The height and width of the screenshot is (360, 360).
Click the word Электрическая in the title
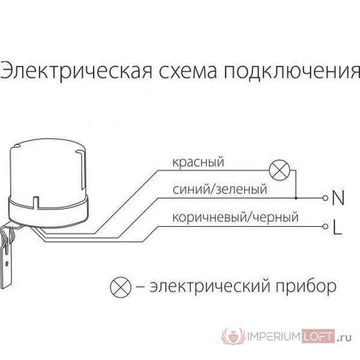(76, 71)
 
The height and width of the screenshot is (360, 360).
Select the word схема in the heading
(188, 71)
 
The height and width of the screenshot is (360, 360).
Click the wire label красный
(198, 162)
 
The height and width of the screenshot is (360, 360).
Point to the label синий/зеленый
(220, 190)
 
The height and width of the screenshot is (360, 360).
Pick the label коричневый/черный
(235, 217)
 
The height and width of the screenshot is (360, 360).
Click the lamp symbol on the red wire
(280, 170)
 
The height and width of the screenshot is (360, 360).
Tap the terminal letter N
(338, 198)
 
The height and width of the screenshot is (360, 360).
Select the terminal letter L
(337, 227)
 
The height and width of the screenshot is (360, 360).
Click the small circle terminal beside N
(325, 198)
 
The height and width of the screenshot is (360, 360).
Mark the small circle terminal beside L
(325, 227)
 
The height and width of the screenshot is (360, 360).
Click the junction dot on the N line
(296, 198)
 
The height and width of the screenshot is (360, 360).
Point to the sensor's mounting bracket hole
(7, 263)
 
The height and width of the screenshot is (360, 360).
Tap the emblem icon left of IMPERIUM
(233, 336)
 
